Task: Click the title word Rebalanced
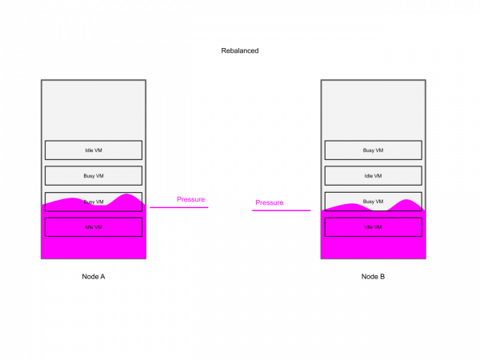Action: (x=240, y=50)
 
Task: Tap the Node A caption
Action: (x=94, y=277)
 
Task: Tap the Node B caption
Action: (x=373, y=277)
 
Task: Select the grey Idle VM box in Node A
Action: (x=94, y=150)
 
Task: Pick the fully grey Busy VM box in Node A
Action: (x=94, y=176)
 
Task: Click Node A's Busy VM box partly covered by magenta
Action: (x=94, y=202)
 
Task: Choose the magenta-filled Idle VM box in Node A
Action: (x=94, y=227)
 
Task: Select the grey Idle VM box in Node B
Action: (x=373, y=176)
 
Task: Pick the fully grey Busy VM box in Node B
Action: (x=373, y=150)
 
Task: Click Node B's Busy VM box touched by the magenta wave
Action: (x=373, y=202)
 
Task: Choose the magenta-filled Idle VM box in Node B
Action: (x=373, y=227)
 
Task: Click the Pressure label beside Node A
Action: (x=190, y=199)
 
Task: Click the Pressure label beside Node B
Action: (x=270, y=202)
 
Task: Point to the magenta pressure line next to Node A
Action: (x=179, y=207)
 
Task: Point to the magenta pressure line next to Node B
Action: (x=282, y=210)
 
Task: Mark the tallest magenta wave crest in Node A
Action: (x=126, y=194)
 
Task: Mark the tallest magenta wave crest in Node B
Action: (x=406, y=200)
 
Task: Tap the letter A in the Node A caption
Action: (x=102, y=277)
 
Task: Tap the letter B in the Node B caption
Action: (x=382, y=277)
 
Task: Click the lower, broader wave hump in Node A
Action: (x=72, y=198)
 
